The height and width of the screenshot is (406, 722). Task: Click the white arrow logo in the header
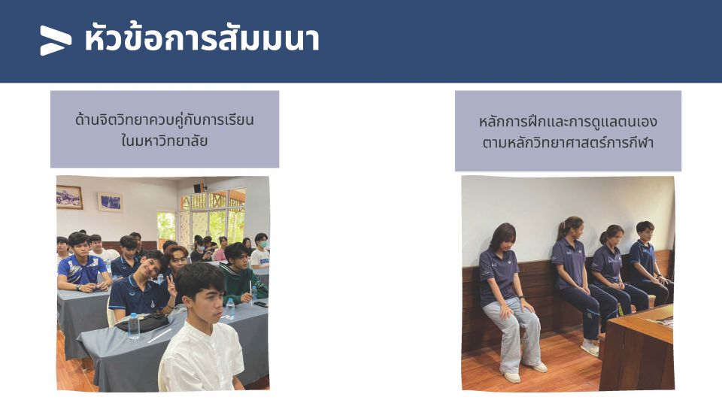(x=56, y=41)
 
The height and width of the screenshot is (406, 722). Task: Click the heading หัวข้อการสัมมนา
(x=202, y=38)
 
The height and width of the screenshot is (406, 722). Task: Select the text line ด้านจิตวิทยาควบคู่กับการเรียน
(x=165, y=120)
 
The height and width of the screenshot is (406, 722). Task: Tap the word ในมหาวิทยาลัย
(x=165, y=141)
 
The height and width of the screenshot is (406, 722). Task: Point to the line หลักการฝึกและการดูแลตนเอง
(x=568, y=122)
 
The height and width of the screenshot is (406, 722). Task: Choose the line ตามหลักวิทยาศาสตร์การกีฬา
(x=568, y=143)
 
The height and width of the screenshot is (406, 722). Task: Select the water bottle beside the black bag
(x=134, y=326)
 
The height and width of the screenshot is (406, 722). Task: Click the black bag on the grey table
(x=143, y=323)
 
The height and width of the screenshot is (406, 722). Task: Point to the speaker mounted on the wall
(x=199, y=188)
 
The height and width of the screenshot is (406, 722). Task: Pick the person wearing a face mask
(x=260, y=253)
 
